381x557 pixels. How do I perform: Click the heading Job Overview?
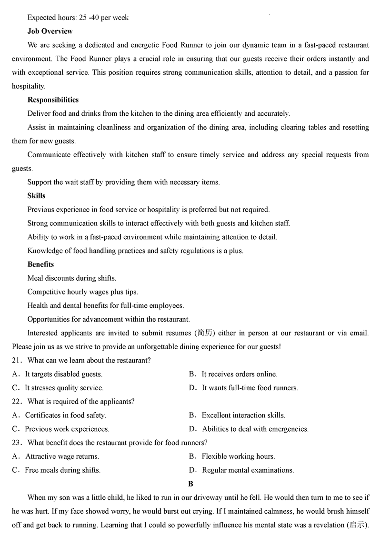tap(50, 31)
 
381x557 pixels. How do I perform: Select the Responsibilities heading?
tap(53, 100)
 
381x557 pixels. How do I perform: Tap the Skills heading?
tap(36, 196)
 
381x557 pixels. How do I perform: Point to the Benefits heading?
tap(40, 264)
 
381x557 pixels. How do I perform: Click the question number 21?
tap(17, 361)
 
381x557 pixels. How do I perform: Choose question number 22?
tap(17, 402)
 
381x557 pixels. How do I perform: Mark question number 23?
tap(17, 443)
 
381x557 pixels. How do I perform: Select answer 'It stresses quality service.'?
tap(64, 388)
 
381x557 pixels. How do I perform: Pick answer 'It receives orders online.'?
tap(239, 374)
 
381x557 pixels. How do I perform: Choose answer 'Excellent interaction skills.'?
tap(243, 415)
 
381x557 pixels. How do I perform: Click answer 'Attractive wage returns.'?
tap(62, 456)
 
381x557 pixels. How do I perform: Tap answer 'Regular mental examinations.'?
tap(248, 470)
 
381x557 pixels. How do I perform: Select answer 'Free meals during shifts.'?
tap(62, 470)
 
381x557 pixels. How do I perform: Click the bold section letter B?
tap(190, 484)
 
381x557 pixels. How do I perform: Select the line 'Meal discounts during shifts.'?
tap(71, 278)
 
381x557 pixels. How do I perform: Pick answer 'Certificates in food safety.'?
tap(65, 415)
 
